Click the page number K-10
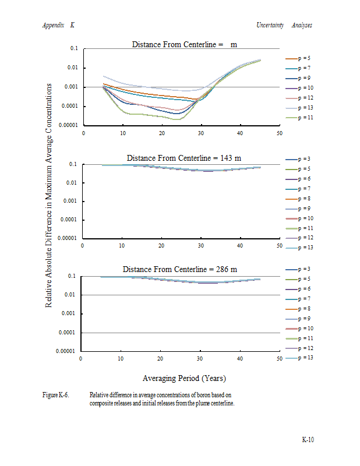(308, 439)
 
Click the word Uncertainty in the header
(270, 25)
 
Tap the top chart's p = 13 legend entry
(302, 108)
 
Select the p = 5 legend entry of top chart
(302, 58)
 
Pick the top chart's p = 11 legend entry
(302, 118)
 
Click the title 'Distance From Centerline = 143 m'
(181, 158)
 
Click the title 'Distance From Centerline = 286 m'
(179, 269)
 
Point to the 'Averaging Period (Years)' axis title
(184, 378)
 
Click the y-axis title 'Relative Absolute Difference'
(49, 195)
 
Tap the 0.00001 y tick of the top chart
(68, 126)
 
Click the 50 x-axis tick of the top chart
(279, 133)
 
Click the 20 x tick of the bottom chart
(160, 358)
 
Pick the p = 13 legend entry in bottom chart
(302, 358)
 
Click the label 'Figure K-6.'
(56, 395)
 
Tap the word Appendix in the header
(53, 25)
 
